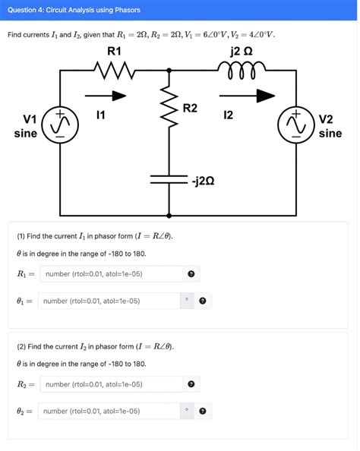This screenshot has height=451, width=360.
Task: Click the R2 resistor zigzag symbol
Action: (x=169, y=112)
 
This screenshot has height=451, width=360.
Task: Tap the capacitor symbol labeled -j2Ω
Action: (x=169, y=180)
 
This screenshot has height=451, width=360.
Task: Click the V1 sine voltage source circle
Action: (x=58, y=125)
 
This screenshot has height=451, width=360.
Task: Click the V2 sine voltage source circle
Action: (x=297, y=125)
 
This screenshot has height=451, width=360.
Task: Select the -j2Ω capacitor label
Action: (x=207, y=181)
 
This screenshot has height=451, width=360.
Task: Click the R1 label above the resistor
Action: (x=114, y=51)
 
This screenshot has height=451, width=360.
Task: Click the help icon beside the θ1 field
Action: (x=203, y=301)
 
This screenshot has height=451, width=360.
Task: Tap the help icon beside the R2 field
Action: (x=191, y=384)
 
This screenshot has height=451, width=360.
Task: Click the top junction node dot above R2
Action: (x=169, y=69)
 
